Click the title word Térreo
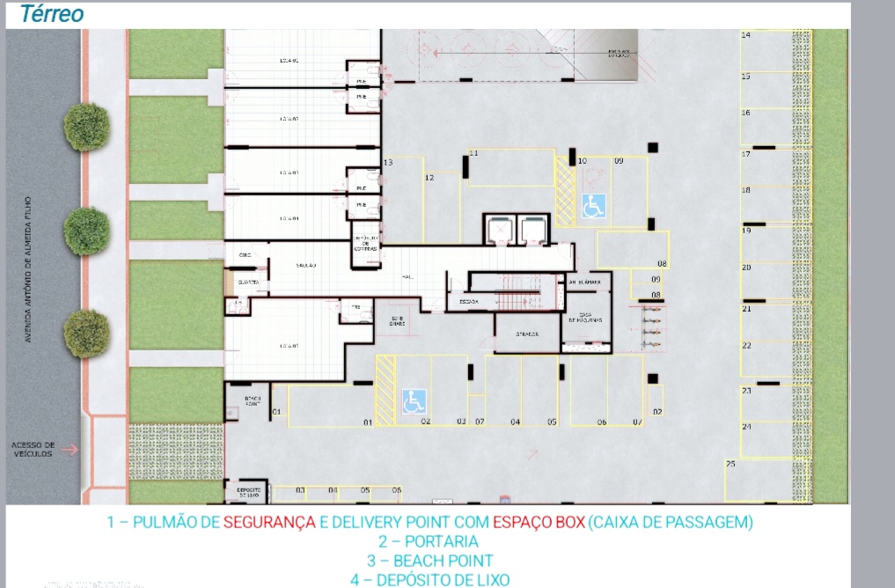[x=52, y=14]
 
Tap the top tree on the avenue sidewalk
[x=87, y=127]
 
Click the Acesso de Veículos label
[x=33, y=449]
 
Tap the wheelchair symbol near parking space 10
[x=593, y=206]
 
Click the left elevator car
[x=500, y=229]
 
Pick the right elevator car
[x=533, y=229]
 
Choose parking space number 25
[x=730, y=463]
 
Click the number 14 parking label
[x=745, y=35]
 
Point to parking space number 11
[x=473, y=154]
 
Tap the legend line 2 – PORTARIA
[x=429, y=541]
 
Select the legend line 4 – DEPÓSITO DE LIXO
[x=429, y=580]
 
